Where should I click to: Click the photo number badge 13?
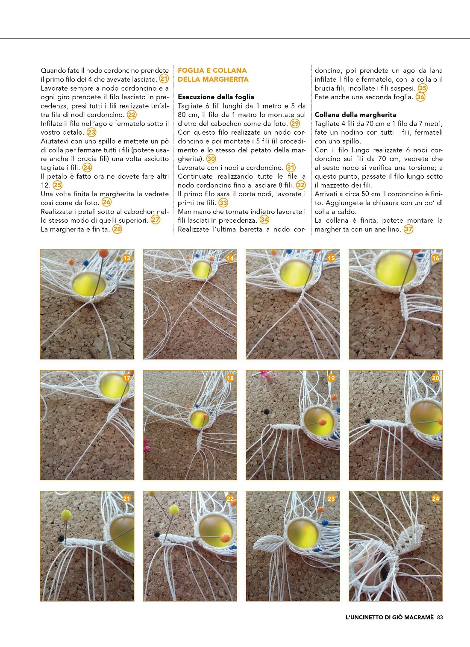(x=126, y=258)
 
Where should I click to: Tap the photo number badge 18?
(x=230, y=378)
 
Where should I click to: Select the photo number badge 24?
(x=435, y=499)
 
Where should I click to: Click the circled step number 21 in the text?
(x=164, y=79)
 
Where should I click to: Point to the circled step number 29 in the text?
(x=295, y=124)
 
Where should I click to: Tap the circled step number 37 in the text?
(x=408, y=229)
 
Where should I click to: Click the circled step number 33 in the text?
(x=223, y=203)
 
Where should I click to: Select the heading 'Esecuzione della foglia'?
(x=216, y=97)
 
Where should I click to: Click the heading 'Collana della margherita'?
(x=355, y=115)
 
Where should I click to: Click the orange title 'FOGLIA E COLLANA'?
(x=212, y=71)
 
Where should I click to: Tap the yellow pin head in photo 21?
(x=67, y=515)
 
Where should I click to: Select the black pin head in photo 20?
(x=367, y=420)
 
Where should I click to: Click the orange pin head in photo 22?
(x=225, y=538)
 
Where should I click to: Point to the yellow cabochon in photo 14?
(x=200, y=270)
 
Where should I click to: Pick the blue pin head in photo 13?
(x=86, y=263)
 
